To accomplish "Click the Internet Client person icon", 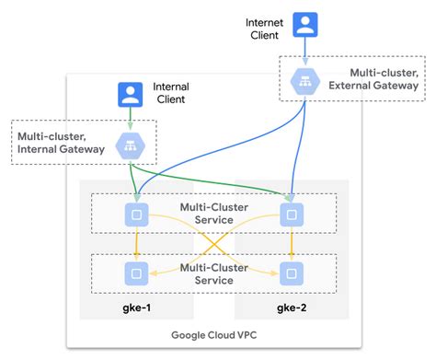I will (305, 24).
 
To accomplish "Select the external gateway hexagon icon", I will (305, 81).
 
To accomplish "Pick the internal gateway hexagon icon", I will (129, 145).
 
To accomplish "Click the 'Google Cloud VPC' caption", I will (216, 334).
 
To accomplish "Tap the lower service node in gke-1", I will (137, 273).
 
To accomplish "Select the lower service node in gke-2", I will (292, 273).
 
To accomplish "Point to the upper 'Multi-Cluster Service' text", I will (214, 215).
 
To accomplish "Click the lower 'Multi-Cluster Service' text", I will (214, 273).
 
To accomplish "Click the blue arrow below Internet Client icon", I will (305, 51).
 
